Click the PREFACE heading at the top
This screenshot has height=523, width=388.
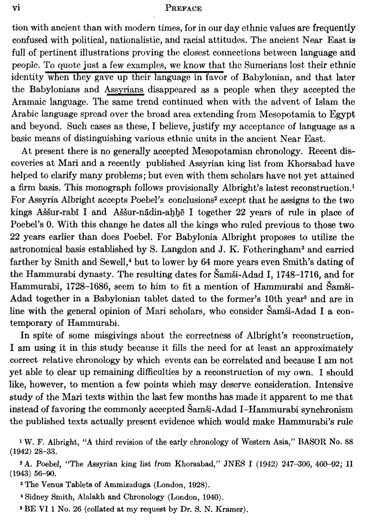coord(184,8)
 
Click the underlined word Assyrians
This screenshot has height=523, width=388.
coord(124,90)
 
